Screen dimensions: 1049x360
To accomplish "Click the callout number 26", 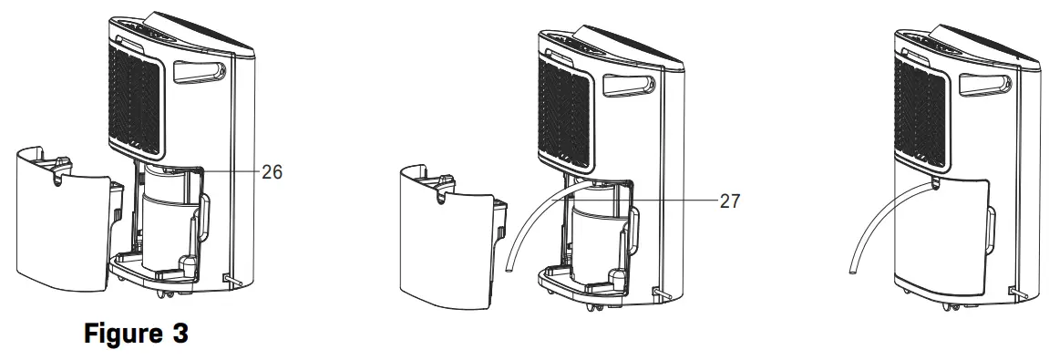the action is click(272, 170).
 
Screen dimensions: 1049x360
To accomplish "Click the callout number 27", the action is click(730, 201).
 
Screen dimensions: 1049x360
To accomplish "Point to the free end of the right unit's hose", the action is click(850, 267).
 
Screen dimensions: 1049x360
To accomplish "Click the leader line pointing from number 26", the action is click(228, 170).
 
